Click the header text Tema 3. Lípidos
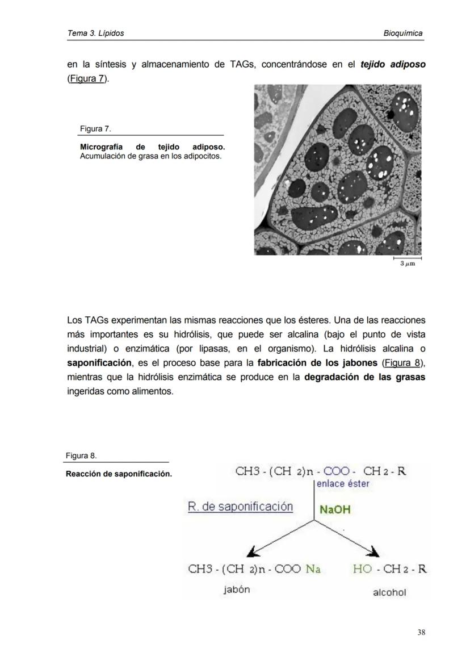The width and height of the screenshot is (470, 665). point(95,33)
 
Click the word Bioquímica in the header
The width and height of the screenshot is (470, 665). point(402,33)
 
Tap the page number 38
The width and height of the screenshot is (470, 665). point(421,632)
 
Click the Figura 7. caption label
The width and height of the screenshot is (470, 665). point(91,129)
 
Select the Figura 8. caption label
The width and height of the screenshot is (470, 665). point(81,455)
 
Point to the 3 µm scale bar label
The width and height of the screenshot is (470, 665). point(407,264)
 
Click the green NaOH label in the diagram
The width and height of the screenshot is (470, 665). point(335,509)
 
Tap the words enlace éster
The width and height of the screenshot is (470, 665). point(343,484)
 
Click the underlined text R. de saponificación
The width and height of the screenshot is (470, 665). point(240,507)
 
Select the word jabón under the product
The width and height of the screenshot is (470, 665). point(237,589)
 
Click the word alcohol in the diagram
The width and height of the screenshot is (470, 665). point(389,592)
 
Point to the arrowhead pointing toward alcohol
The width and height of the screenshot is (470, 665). point(374,552)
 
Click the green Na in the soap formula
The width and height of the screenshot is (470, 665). point(313,568)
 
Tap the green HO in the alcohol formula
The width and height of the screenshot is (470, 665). point(362,568)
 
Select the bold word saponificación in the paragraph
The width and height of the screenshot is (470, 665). point(99,363)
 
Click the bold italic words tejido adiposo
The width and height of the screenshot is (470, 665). point(393,64)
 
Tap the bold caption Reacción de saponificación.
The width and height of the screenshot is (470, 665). point(119,474)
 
